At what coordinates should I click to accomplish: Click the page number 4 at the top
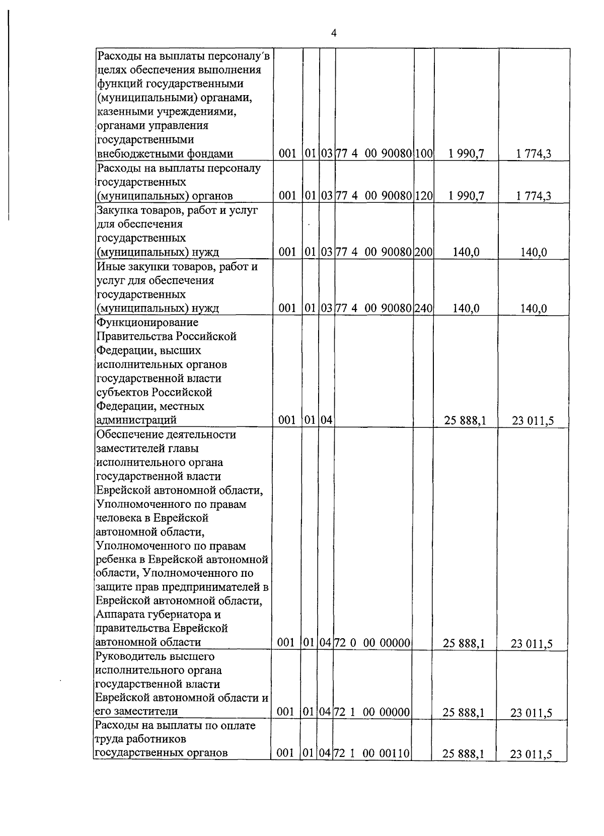pos(334,33)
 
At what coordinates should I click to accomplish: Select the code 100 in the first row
pos(424,154)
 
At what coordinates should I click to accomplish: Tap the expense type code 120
pos(424,196)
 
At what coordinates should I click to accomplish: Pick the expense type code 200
pos(424,252)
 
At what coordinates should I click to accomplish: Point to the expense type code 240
pos(424,309)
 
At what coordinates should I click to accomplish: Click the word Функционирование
pos(147,322)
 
